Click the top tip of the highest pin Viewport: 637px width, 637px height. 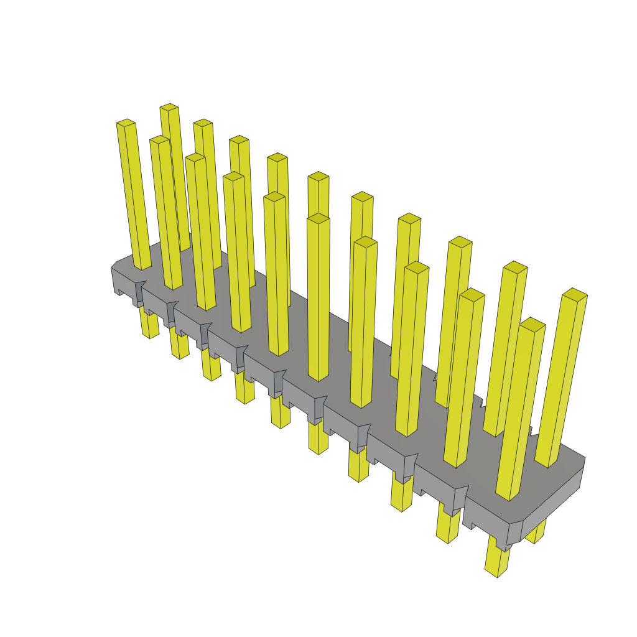coord(169,108)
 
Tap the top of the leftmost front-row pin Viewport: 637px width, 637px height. coord(126,123)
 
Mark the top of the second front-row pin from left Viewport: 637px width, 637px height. coord(159,139)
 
